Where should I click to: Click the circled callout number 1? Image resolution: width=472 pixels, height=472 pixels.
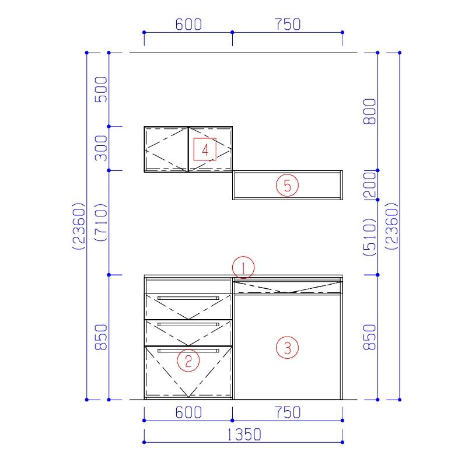point(243,267)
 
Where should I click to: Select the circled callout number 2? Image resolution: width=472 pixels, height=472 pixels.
point(188,361)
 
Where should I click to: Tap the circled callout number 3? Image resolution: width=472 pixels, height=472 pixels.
point(288,348)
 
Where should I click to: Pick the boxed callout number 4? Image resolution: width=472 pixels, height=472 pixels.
point(205,149)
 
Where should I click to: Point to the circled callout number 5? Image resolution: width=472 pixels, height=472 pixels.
point(288,185)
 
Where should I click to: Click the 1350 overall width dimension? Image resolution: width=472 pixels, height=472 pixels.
point(244,435)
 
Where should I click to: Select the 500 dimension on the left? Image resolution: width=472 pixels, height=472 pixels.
point(101,89)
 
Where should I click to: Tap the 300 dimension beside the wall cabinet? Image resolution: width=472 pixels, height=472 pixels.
point(101,148)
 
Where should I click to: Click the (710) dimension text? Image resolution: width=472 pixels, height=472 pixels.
point(101,222)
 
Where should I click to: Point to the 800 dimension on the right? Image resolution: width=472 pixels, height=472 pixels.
point(370,111)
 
